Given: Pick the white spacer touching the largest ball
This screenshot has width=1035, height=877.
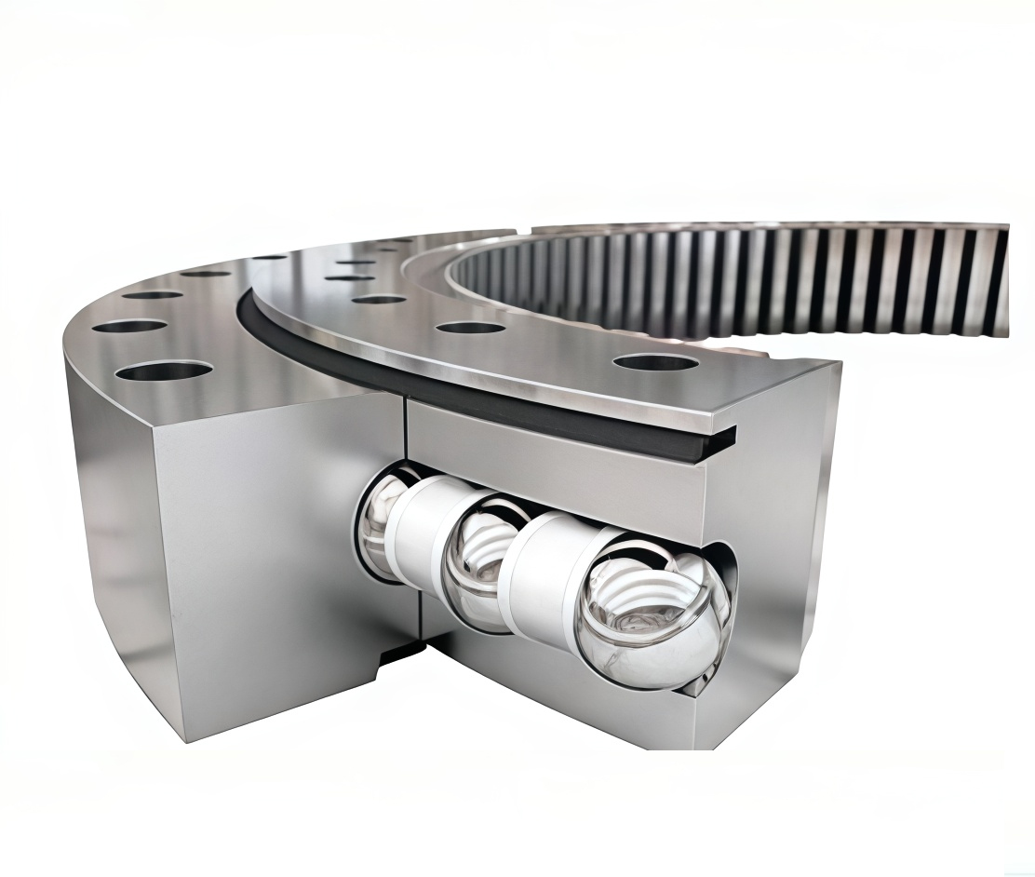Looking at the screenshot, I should (549, 582).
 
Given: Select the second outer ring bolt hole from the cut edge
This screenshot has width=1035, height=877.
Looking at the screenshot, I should (129, 327).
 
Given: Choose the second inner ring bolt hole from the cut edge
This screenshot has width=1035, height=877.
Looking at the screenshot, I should (470, 328).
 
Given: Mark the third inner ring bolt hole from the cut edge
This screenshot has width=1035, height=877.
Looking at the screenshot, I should (379, 300).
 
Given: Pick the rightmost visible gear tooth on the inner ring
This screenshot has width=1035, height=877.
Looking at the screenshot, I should (1000, 279).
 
